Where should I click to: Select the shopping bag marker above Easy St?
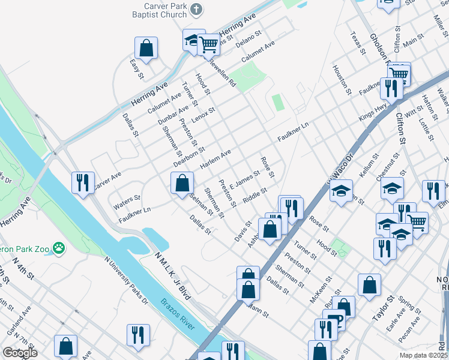[146, 47]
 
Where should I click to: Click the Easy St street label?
[137, 68]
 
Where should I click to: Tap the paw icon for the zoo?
[58, 247]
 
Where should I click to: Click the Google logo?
[20, 353]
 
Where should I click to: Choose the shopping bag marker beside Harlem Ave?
[182, 183]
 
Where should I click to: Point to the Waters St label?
[127, 201]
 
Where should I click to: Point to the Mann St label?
[259, 311]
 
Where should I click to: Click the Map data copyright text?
[423, 355]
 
